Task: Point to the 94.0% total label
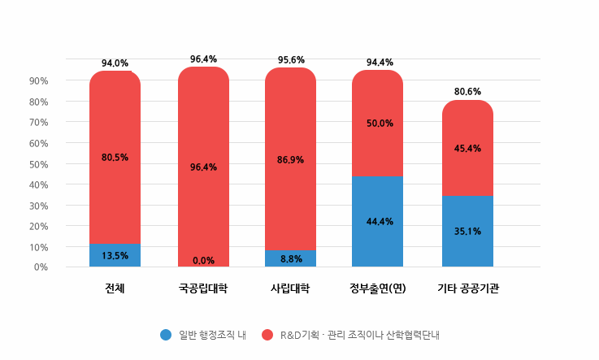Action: click(x=115, y=63)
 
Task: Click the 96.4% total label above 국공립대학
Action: click(x=203, y=59)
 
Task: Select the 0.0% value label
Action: click(x=203, y=261)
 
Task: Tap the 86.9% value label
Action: click(x=290, y=160)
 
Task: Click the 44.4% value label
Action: click(x=377, y=222)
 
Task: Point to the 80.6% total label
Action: click(x=467, y=92)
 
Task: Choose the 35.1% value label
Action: click(x=467, y=231)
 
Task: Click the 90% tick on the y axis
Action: click(x=39, y=81)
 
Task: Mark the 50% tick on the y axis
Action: click(x=39, y=164)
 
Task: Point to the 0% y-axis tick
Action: click(x=41, y=267)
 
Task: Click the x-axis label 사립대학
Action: click(x=290, y=288)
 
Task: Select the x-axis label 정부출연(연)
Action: click(x=377, y=288)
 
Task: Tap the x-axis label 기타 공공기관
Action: click(x=467, y=288)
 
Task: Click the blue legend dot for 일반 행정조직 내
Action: click(x=166, y=334)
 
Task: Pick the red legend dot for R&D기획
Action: click(x=267, y=334)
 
